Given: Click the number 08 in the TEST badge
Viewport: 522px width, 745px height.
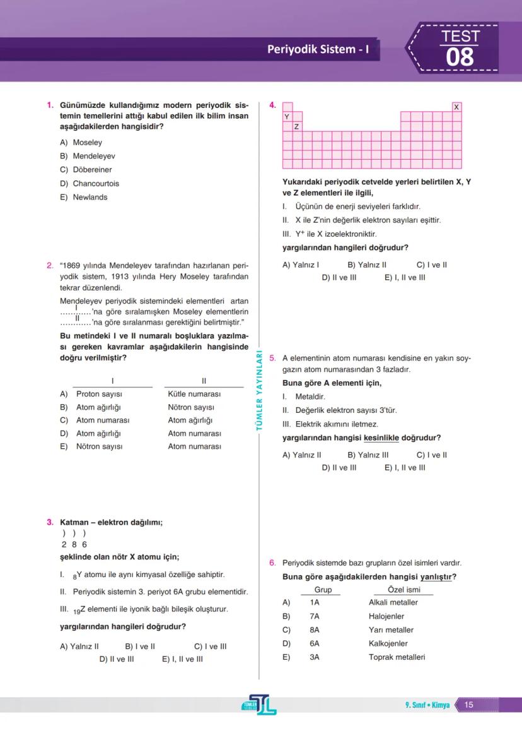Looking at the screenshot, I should tap(460, 57).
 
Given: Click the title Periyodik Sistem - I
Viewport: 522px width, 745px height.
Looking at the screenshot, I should tap(318, 49).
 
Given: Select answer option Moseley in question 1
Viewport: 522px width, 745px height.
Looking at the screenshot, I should tap(87, 142).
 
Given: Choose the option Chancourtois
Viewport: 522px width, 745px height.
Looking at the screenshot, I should tap(95, 183).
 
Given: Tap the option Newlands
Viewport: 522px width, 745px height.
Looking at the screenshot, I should tap(90, 197).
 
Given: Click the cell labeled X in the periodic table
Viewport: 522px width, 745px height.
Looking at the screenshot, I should tap(456, 107).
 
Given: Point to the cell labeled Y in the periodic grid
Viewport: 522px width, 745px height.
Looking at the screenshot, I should tap(287, 117).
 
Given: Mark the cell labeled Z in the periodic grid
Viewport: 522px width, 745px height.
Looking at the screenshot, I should tap(297, 127).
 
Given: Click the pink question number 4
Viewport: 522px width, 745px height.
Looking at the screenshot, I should tap(272, 105).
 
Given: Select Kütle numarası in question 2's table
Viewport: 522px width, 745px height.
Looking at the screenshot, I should tap(194, 394).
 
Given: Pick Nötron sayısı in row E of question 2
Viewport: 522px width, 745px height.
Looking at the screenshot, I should tap(99, 446).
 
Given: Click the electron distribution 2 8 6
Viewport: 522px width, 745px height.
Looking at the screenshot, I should tap(74, 544).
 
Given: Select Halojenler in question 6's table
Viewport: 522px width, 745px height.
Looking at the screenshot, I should tap(386, 616).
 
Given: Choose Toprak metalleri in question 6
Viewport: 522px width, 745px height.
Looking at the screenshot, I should tap(397, 657).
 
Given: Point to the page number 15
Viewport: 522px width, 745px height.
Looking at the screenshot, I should tap(468, 705).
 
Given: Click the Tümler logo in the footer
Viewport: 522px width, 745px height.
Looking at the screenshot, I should tap(261, 705).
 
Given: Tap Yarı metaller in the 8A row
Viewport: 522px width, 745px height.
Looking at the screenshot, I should tap(391, 630).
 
